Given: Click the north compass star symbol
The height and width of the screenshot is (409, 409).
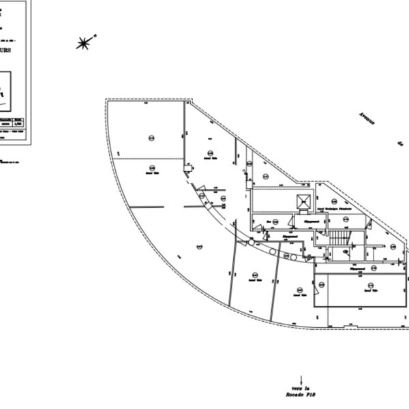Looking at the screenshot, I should click(x=83, y=44).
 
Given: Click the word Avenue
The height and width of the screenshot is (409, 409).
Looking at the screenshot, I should click(x=369, y=123).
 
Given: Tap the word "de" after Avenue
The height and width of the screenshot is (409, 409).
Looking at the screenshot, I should click(x=401, y=144).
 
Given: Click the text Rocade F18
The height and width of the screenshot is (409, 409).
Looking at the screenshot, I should click(x=301, y=395).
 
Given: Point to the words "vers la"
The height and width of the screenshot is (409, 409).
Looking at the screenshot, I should click(x=301, y=387).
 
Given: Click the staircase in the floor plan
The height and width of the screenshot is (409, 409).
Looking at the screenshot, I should click(x=339, y=239).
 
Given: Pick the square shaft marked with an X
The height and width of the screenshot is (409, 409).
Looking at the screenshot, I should click(x=303, y=202).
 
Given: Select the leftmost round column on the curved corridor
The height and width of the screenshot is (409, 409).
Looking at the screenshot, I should click(x=250, y=243).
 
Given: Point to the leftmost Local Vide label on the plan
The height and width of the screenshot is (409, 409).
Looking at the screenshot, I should click(x=148, y=172).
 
